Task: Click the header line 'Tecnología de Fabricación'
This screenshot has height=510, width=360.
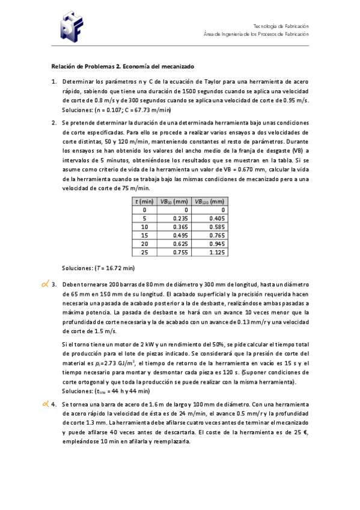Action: (281, 26)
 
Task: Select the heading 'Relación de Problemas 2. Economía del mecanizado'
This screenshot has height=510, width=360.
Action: (123, 66)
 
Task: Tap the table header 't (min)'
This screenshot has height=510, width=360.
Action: (144, 201)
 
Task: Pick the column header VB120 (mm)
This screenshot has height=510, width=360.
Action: (209, 201)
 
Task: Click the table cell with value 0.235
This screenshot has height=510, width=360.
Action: (180, 218)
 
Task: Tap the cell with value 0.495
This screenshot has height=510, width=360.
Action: (180, 235)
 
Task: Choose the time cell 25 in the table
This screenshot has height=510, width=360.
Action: (144, 253)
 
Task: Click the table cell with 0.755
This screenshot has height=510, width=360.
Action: (180, 253)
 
